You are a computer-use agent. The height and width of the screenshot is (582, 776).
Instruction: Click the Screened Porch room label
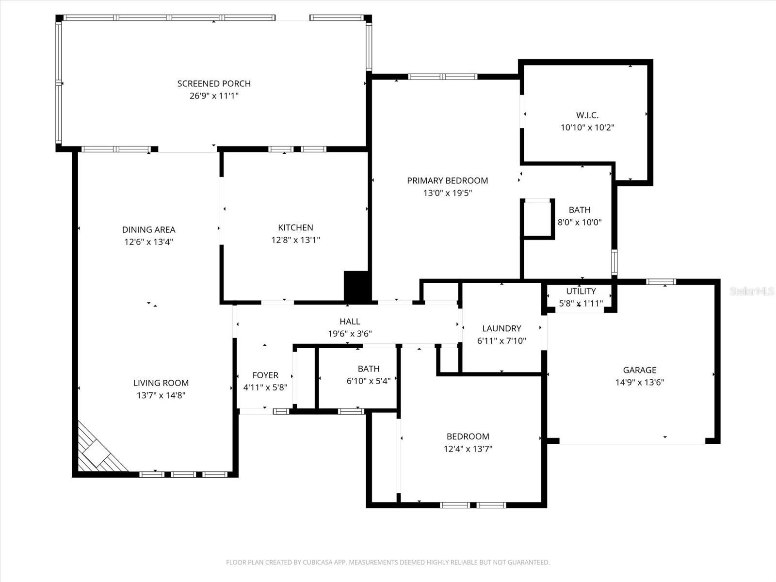[214, 83]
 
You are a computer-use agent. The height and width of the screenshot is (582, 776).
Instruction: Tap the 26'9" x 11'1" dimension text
[214, 96]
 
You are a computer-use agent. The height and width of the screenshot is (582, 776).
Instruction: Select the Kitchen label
[295, 227]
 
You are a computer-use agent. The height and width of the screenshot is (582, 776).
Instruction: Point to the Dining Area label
[148, 230]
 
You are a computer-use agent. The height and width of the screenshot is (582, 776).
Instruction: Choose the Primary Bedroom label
[447, 180]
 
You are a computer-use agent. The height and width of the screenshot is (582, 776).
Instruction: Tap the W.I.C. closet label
[587, 115]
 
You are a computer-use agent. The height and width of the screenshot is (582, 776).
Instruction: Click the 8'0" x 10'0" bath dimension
[580, 223]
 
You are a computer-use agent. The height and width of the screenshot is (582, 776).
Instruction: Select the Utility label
[581, 291]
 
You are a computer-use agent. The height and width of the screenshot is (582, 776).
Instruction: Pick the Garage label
[639, 370]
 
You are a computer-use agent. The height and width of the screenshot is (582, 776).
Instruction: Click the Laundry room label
[501, 328]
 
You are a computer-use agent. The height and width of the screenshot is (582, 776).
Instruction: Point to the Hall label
[350, 322]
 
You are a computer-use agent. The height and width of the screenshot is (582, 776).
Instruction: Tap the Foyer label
[265, 375]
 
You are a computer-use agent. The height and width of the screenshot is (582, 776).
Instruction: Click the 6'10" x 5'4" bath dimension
[369, 381]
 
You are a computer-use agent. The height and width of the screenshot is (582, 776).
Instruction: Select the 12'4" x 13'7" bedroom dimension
[468, 449]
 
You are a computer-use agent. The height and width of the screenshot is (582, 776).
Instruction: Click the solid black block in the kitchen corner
[357, 287]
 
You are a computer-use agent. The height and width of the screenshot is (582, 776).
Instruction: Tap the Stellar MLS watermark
[751, 291]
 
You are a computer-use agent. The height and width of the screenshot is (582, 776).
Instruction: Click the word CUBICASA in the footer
[320, 563]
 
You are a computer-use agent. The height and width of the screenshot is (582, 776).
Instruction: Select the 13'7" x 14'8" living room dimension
[161, 395]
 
